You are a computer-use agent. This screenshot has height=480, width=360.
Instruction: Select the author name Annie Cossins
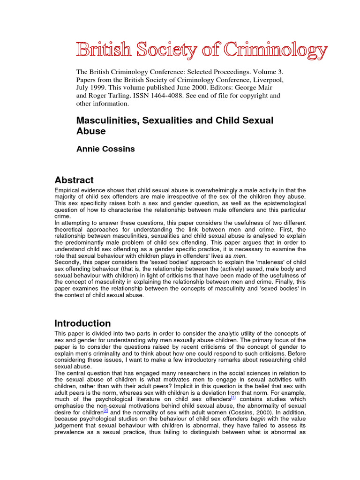(x=105, y=149)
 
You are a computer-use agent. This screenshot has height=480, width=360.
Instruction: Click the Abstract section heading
(x=74, y=180)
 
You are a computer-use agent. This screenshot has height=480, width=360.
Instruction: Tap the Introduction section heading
(x=82, y=323)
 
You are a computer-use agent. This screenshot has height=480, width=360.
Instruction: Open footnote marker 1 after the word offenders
(x=233, y=397)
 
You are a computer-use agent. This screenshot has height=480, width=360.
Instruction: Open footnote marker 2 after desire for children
(x=106, y=404)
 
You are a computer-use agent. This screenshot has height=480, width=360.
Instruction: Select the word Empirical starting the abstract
(x=68, y=190)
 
